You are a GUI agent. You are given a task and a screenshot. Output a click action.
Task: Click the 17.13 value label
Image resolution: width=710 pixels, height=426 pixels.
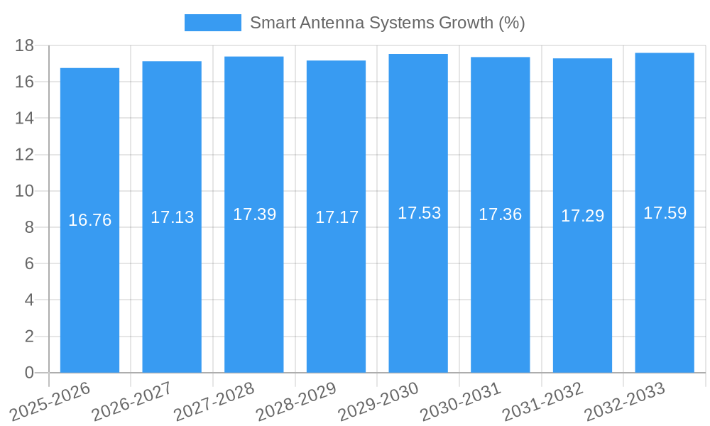tap(172, 217)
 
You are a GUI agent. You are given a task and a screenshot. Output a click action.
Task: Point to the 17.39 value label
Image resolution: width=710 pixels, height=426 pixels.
tap(254, 214)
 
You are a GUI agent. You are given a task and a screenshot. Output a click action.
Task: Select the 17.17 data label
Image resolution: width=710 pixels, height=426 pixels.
tap(337, 217)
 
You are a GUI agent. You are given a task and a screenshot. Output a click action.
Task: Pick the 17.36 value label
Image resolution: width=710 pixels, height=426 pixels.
tap(500, 214)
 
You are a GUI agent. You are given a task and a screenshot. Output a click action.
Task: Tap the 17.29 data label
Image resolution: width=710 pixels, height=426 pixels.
tap(582, 216)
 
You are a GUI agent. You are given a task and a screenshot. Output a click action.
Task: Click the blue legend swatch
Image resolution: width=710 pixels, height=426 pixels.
tap(212, 23)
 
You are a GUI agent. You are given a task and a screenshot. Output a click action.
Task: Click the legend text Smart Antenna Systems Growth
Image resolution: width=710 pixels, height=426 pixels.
tap(387, 23)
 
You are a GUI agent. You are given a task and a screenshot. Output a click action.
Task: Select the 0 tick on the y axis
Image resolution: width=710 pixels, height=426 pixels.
tap(29, 373)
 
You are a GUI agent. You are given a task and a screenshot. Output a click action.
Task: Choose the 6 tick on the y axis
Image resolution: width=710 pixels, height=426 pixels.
tap(29, 263)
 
